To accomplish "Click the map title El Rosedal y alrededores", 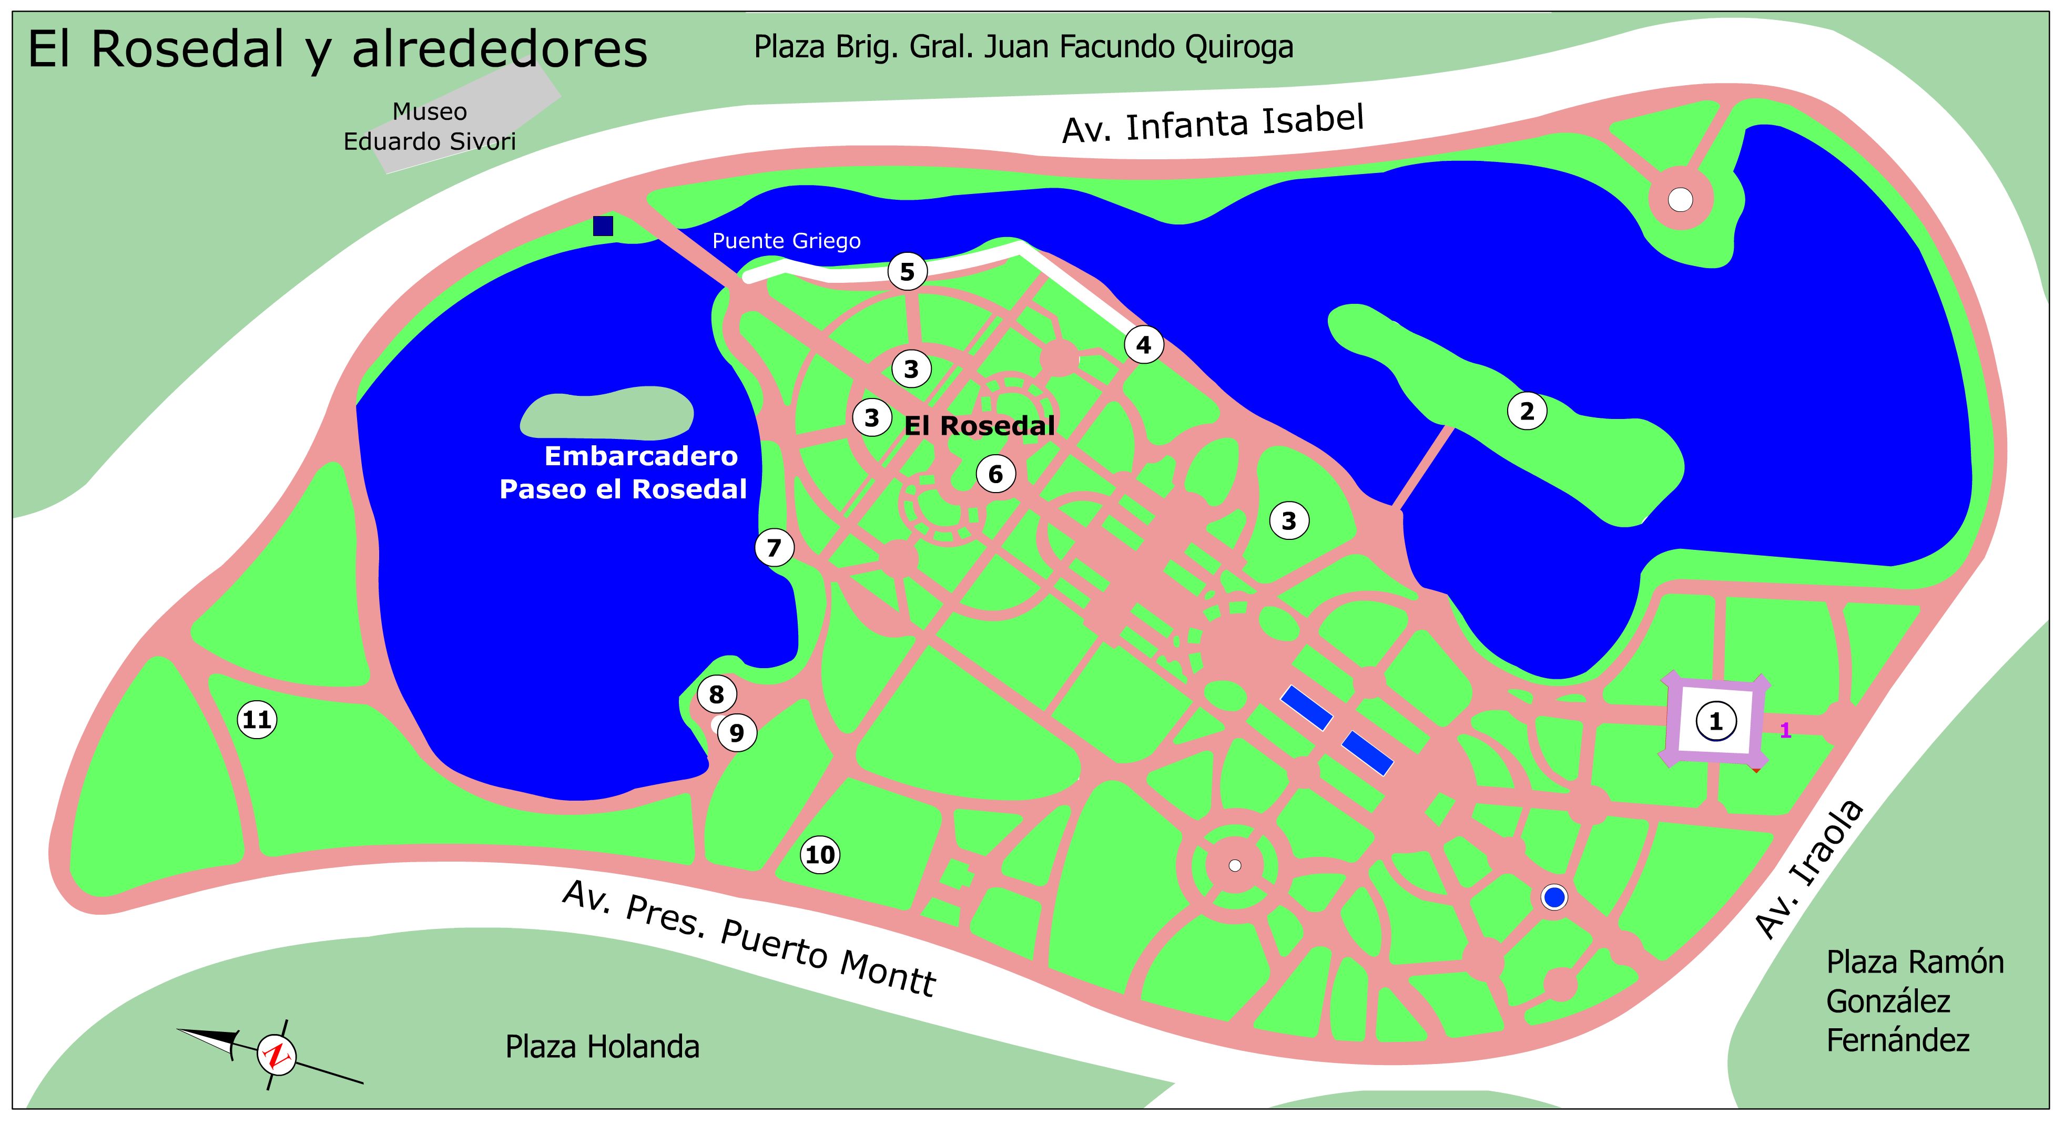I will click(337, 50).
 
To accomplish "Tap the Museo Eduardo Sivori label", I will click(430, 127).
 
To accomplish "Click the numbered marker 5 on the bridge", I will click(907, 272).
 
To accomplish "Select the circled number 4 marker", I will click(1143, 345).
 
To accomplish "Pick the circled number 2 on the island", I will click(1527, 411).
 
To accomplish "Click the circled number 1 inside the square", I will click(1715, 722).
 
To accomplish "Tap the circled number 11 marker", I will click(257, 720).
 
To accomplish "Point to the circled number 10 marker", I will click(820, 854).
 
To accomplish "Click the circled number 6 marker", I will click(995, 474).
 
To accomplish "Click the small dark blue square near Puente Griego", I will click(603, 226).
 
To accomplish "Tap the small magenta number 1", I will click(1785, 730).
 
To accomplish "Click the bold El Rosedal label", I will click(979, 426).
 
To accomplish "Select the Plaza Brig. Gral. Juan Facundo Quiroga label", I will click(1023, 47).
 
